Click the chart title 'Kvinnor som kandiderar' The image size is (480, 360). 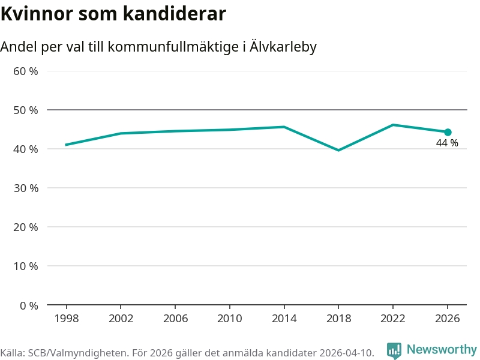(x=113, y=14)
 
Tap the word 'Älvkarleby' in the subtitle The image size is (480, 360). (x=282, y=47)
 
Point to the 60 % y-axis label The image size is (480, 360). (x=26, y=71)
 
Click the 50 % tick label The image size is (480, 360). (x=26, y=110)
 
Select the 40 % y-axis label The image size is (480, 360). (x=26, y=149)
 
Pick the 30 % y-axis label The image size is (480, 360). (x=26, y=188)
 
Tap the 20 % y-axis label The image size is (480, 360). (x=26, y=227)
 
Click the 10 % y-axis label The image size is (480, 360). (x=26, y=266)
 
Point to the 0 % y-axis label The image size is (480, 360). (x=29, y=305)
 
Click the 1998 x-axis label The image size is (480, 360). (x=66, y=319)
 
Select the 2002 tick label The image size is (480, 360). (x=121, y=319)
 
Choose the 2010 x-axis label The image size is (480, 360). (x=230, y=319)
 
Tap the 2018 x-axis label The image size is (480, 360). (x=338, y=319)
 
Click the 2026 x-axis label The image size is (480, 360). (x=448, y=319)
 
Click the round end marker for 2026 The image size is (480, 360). (x=448, y=132)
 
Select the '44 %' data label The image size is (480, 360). (x=447, y=143)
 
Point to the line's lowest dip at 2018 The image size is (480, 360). (x=338, y=150)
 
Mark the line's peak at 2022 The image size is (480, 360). (x=393, y=125)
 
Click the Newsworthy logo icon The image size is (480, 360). (x=394, y=350)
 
